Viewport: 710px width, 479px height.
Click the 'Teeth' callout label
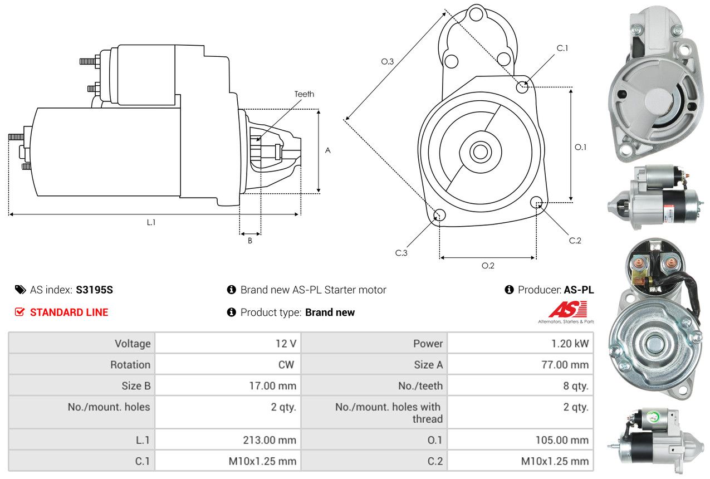tap(304, 94)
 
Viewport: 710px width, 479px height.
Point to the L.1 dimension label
tap(151, 222)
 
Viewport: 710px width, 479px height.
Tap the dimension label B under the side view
tap(250, 241)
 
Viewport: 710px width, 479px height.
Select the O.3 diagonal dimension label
tap(388, 62)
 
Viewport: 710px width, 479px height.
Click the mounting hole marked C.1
tap(522, 87)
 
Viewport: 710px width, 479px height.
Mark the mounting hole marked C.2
tap(536, 202)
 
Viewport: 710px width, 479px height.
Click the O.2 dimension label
tap(488, 266)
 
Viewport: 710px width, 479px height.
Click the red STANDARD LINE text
tap(69, 312)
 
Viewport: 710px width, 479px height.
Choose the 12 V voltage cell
tap(286, 344)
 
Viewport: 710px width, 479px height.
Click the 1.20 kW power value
tap(569, 344)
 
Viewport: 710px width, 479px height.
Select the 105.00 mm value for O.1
tap(562, 440)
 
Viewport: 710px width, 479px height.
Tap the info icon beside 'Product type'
tap(232, 312)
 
